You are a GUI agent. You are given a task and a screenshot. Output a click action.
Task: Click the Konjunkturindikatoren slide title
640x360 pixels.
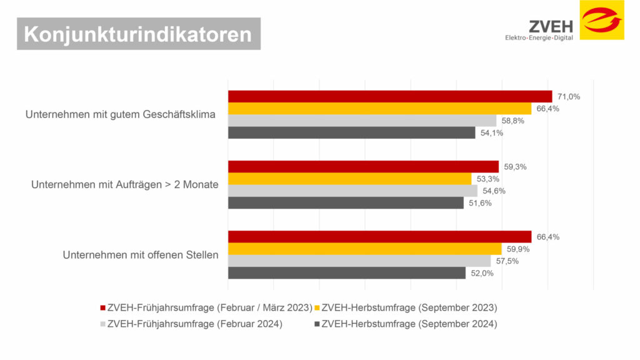pos(138,34)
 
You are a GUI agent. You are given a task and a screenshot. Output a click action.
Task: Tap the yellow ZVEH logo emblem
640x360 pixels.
pos(601,20)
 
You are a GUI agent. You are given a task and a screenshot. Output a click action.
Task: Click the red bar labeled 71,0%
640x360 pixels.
pos(390,96)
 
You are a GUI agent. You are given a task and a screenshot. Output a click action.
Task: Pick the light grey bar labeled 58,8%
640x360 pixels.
pos(362,121)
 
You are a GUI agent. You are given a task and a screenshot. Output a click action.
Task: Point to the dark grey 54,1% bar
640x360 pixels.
pos(351,132)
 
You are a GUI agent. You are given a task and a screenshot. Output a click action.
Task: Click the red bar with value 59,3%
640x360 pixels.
pos(363,166)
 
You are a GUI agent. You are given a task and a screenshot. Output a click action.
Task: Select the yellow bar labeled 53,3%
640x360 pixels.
pos(349,179)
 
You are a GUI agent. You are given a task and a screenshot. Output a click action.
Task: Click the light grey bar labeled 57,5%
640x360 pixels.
pos(359,261)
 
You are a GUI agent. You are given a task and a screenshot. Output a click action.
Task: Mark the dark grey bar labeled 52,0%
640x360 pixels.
pos(347,273)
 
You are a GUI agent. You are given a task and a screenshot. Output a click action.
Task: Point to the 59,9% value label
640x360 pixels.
pos(517,249)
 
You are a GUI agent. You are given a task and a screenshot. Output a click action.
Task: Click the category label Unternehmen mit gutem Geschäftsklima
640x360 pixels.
pos(120,114)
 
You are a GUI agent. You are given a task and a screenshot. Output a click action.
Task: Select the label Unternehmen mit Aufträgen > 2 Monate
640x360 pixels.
pos(124,185)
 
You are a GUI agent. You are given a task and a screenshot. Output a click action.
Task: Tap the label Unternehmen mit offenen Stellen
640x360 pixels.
pos(141,255)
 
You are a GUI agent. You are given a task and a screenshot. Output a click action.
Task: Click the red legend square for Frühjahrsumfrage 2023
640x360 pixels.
pos(103,308)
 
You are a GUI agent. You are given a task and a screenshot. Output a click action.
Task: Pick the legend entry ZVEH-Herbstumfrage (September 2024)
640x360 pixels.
pos(409,324)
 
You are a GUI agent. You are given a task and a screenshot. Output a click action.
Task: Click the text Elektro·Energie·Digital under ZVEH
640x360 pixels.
pos(539,38)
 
